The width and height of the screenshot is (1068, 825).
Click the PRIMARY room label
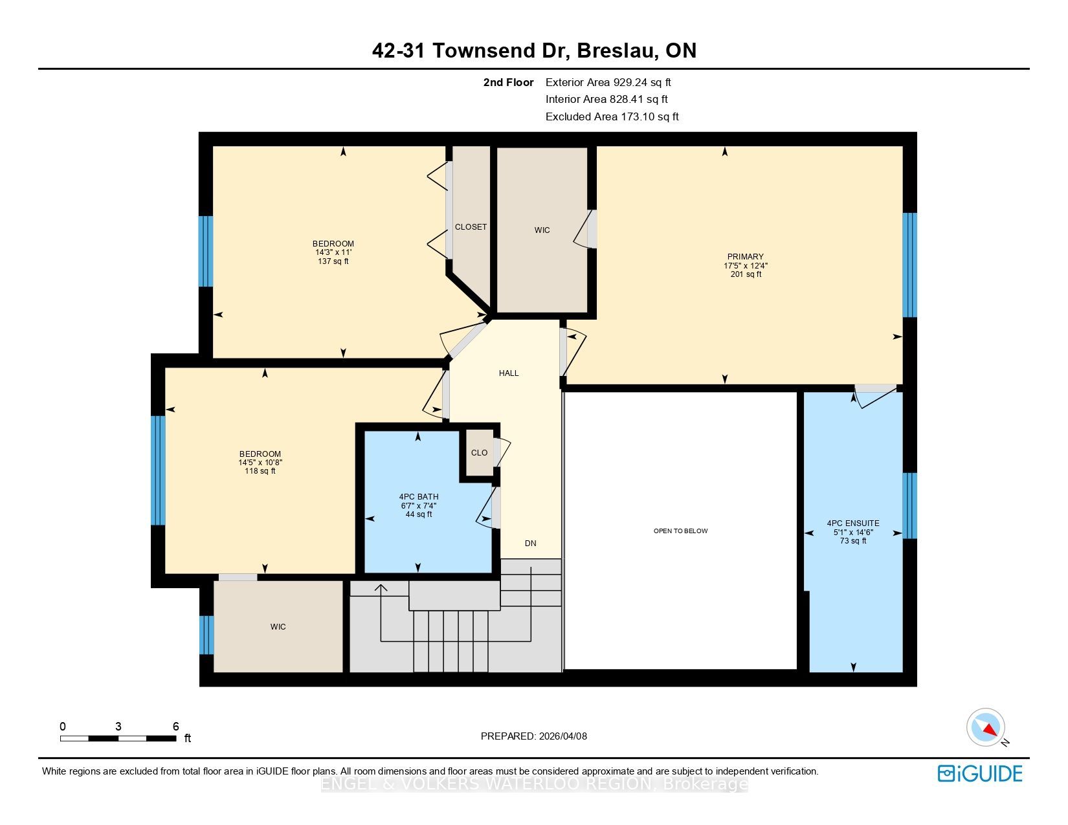point(745,256)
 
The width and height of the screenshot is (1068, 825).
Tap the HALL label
point(509,373)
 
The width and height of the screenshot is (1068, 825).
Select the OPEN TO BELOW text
point(680,531)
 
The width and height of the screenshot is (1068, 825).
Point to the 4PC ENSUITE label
point(852,523)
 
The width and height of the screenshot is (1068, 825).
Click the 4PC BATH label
point(419,497)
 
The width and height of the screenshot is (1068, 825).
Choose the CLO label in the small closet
point(479,452)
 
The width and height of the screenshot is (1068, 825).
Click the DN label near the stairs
point(530,544)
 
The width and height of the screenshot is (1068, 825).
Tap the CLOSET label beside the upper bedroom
point(471,227)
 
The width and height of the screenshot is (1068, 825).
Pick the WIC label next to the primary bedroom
point(542,230)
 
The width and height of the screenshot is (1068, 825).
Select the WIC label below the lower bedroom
point(278,627)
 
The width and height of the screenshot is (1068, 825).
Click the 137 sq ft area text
point(333,261)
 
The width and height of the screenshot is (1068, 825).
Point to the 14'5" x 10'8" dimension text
point(260,463)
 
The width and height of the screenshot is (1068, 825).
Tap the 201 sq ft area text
point(746,274)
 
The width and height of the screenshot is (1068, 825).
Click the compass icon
point(985,728)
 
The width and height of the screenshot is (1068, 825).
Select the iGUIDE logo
point(979,774)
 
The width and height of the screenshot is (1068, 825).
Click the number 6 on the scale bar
point(176,726)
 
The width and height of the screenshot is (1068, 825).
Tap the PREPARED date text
point(534,736)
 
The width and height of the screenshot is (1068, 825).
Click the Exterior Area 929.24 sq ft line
point(608,83)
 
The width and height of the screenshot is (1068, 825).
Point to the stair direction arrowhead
point(381,588)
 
